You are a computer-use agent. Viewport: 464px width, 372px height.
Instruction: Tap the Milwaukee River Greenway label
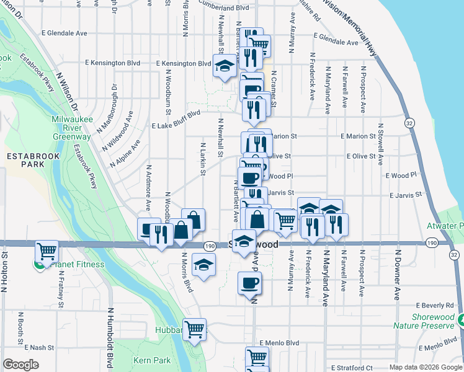pos(71,127)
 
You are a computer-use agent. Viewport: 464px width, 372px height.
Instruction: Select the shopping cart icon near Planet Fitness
pos(47,251)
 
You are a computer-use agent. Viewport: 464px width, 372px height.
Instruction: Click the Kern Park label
pos(151,360)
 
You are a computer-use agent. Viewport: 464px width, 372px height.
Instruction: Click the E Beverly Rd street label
pos(435,306)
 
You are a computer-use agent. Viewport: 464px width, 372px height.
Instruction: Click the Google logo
pos(20,365)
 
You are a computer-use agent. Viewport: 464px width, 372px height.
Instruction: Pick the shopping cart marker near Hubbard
pos(195,329)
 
